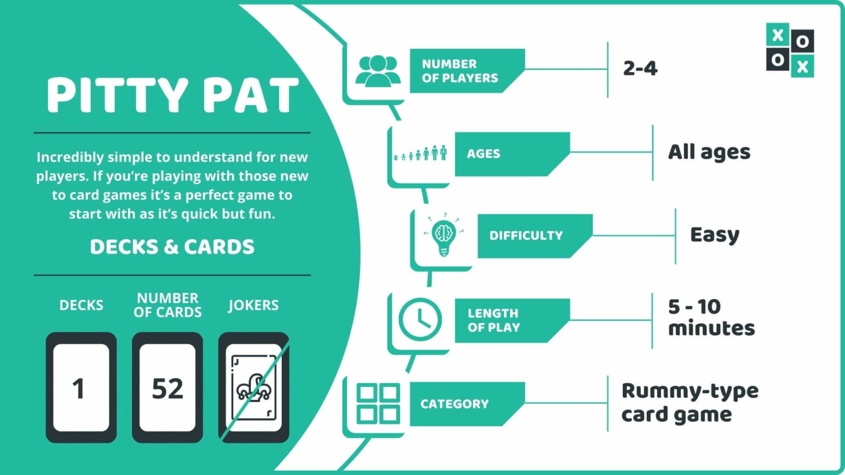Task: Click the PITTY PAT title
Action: [172, 95]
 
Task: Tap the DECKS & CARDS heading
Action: [172, 247]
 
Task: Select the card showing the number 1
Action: [81, 388]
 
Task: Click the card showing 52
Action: [167, 388]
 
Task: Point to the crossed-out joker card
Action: [254, 388]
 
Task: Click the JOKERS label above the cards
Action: [254, 305]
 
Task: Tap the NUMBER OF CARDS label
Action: [167, 305]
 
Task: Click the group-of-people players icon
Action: [378, 71]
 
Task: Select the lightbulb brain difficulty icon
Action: [443, 234]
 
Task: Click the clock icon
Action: [420, 320]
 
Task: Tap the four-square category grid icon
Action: [378, 404]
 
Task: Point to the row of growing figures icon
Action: [420, 153]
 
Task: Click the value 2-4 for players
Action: [640, 69]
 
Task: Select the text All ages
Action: [709, 153]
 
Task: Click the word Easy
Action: [715, 235]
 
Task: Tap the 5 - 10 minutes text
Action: [711, 317]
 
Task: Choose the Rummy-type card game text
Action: [690, 403]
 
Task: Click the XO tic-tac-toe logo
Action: [790, 50]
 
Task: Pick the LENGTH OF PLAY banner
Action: [512, 321]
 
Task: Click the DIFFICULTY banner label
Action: [526, 236]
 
